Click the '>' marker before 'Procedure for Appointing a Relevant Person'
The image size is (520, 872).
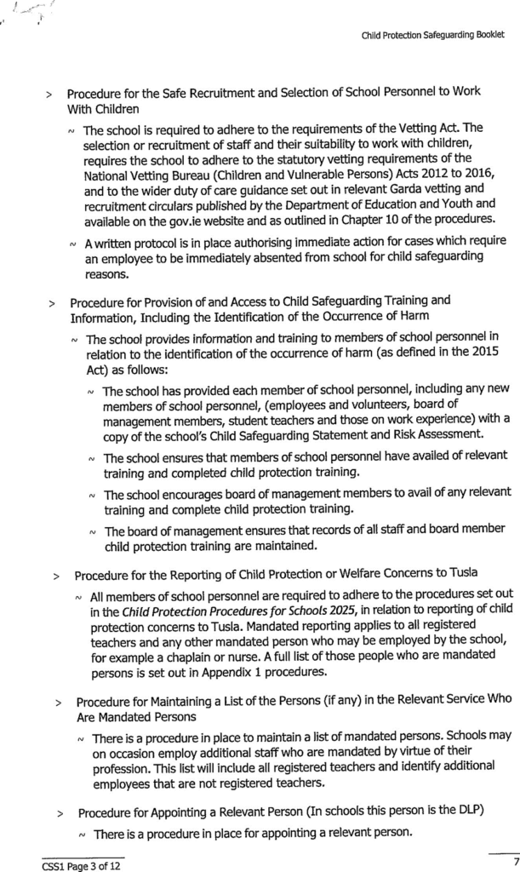(x=61, y=812)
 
